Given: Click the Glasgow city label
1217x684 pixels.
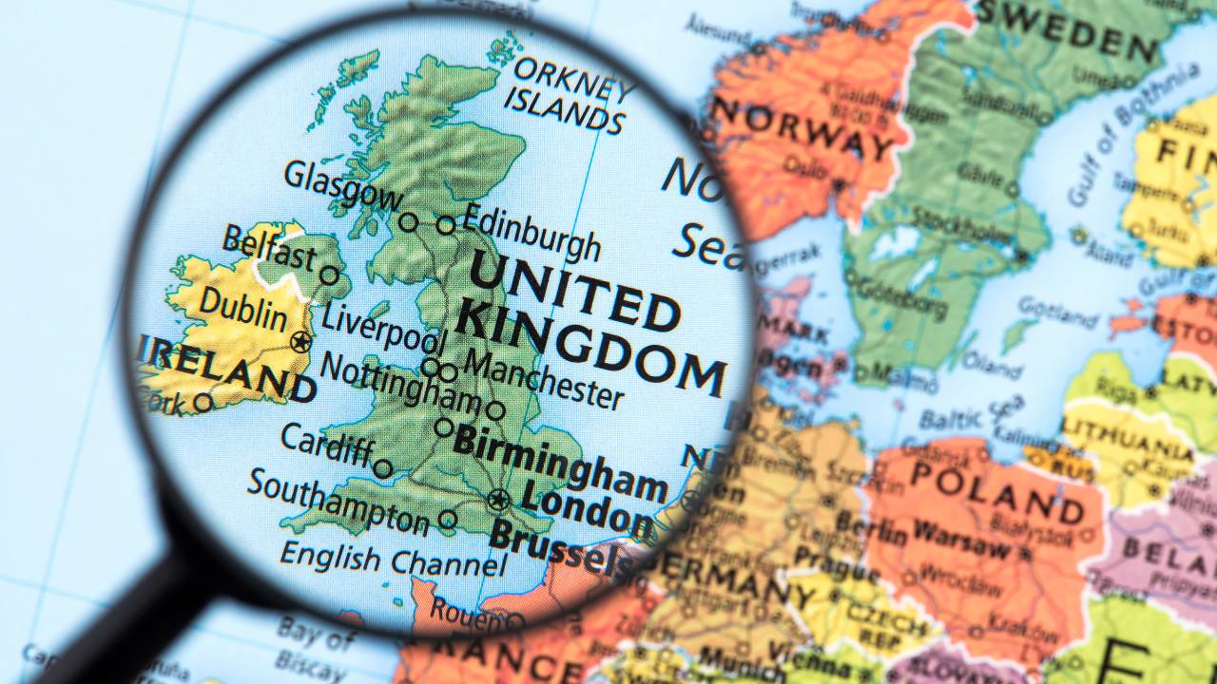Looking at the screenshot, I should [342, 185].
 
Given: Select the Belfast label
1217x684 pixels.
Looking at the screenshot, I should [269, 248].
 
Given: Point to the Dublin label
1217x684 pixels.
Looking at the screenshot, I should [243, 311].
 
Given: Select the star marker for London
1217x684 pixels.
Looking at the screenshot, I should [498, 498].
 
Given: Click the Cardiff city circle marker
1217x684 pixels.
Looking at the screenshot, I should [382, 468].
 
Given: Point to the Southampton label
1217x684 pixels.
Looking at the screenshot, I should [338, 502].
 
